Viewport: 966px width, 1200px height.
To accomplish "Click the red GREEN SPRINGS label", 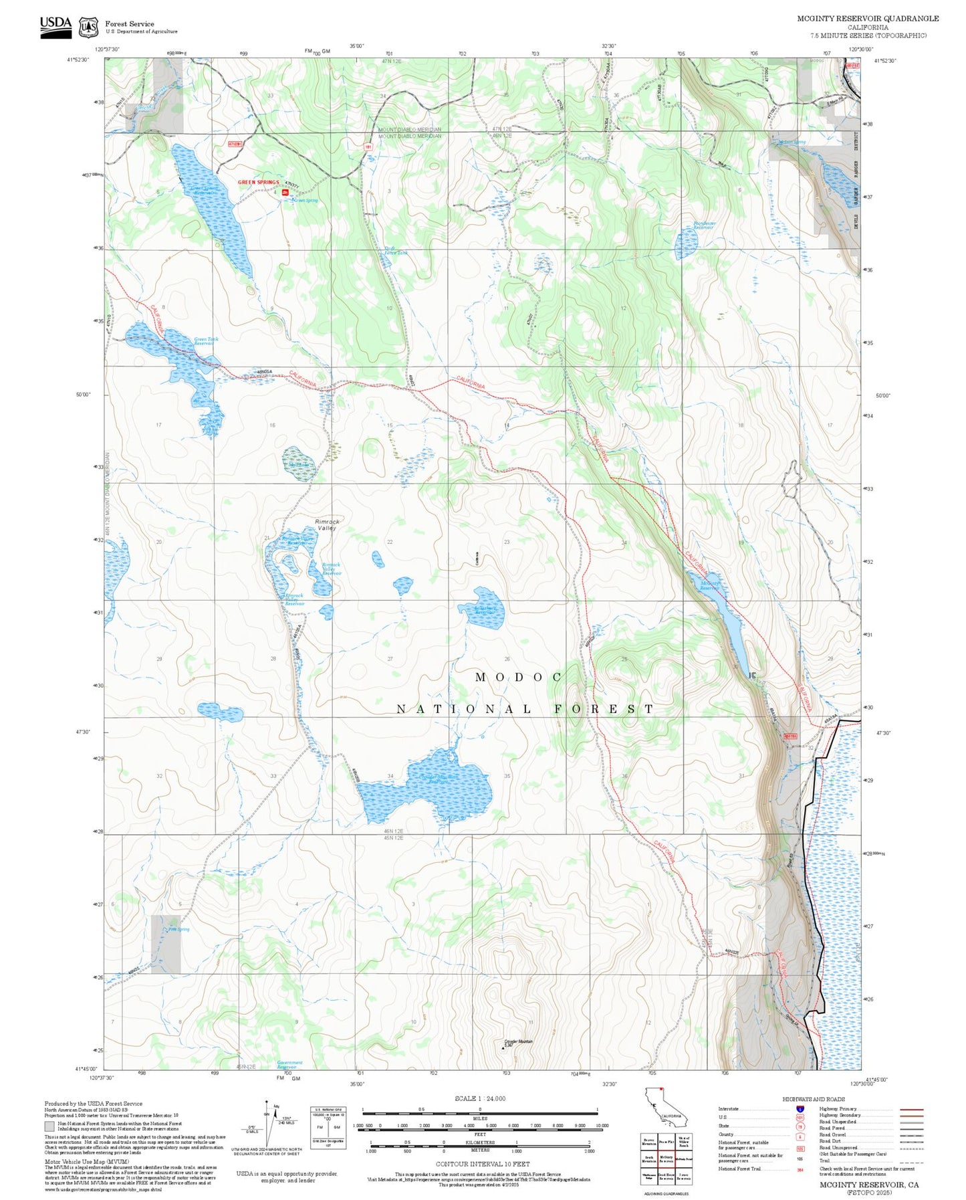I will click(x=258, y=182).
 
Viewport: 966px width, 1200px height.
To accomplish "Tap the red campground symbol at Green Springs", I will click(x=285, y=193).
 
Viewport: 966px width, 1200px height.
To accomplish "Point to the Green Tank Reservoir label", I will click(x=206, y=341).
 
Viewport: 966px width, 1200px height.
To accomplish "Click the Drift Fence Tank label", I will click(x=395, y=251).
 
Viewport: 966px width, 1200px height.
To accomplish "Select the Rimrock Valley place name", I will click(x=327, y=524).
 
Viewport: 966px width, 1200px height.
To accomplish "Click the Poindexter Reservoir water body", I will click(x=686, y=243).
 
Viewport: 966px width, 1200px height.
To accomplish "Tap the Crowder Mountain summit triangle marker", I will click(x=503, y=1047).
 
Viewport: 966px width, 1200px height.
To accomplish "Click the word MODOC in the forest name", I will click(x=519, y=677).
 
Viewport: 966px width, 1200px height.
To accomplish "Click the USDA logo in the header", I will click(x=55, y=27).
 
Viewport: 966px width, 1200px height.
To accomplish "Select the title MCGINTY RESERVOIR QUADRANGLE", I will click(x=867, y=19).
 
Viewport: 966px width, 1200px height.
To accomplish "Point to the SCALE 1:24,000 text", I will click(x=479, y=1098).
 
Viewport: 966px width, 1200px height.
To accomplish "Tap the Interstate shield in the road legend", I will click(x=800, y=1109).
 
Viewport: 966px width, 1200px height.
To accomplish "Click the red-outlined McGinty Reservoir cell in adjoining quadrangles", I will click(x=666, y=1159).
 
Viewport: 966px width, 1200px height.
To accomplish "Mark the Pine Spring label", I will click(x=178, y=929).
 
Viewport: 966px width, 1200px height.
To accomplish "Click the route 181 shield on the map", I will click(x=368, y=145).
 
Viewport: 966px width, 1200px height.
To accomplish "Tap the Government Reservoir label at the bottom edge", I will click(x=289, y=1064).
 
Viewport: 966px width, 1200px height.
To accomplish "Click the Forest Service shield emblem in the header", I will click(x=88, y=27).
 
